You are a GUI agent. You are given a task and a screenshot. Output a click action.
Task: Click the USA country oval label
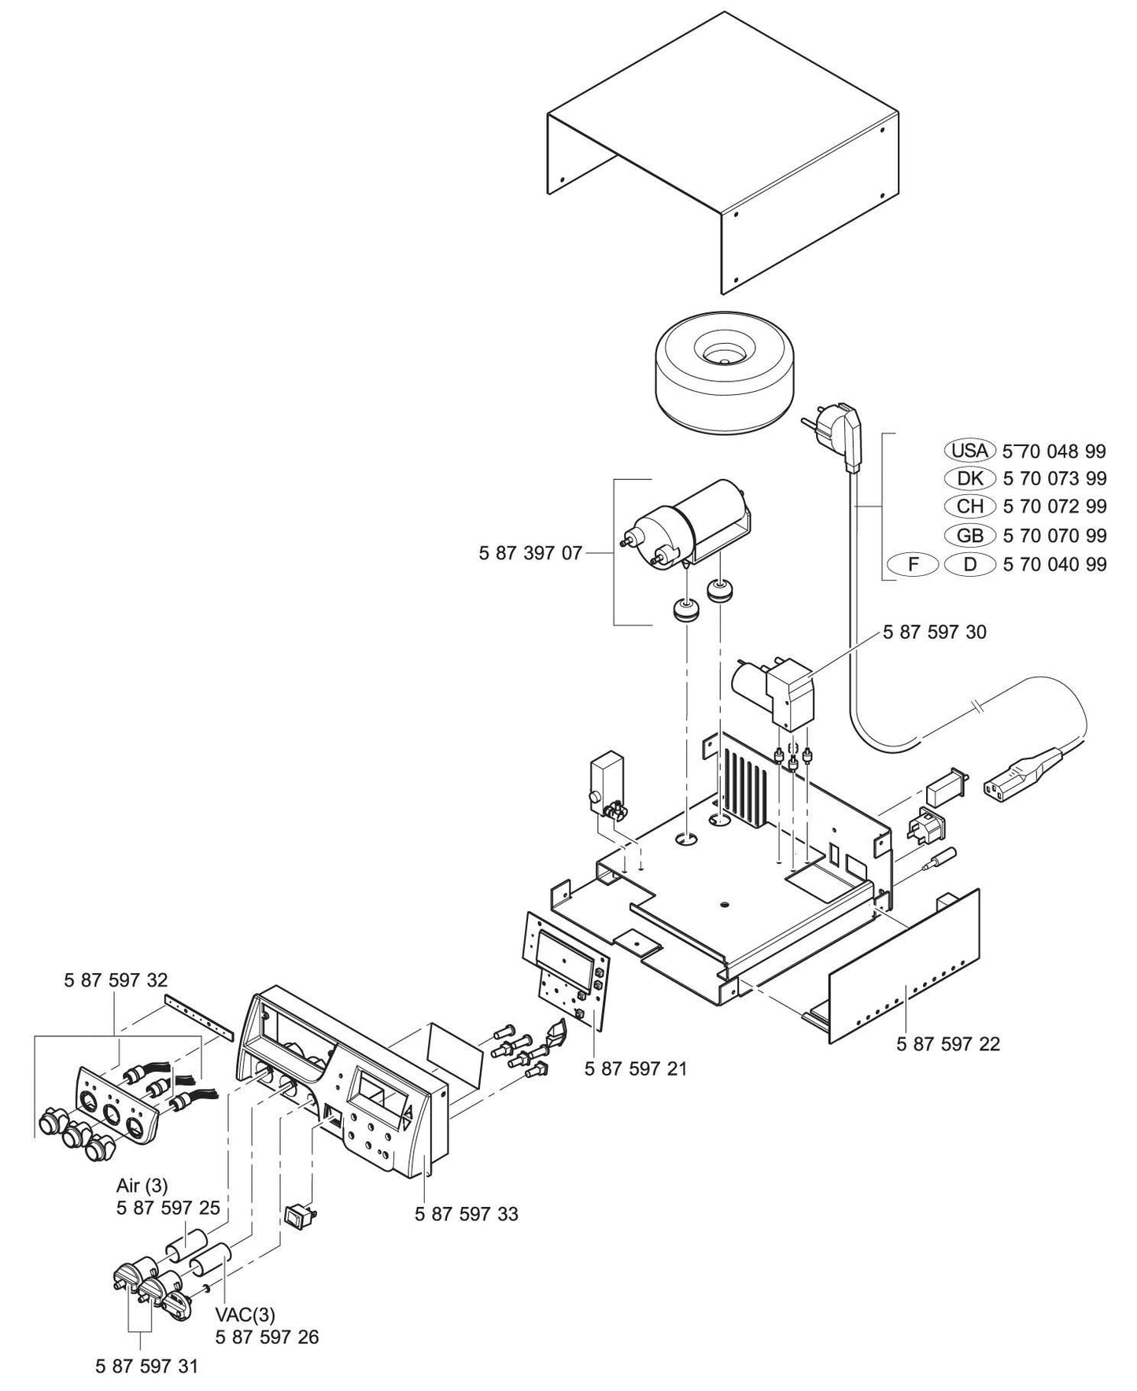tap(969, 451)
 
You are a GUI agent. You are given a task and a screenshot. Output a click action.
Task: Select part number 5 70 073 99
tap(1054, 478)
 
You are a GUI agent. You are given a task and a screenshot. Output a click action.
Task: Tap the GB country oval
tap(969, 536)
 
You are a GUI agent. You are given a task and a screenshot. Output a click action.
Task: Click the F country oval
tap(913, 564)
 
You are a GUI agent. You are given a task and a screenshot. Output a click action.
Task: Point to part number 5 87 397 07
tap(530, 553)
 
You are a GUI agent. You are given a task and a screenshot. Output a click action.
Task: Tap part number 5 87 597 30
tap(934, 632)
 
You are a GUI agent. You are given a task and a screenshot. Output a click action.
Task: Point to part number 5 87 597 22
tap(947, 1044)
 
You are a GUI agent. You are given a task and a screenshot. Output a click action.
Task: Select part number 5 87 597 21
tap(636, 1068)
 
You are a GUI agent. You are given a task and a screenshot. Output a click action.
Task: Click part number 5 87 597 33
tap(466, 1214)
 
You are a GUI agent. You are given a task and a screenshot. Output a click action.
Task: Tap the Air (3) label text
tap(142, 1186)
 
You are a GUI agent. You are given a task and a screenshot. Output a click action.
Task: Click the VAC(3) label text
tap(245, 1314)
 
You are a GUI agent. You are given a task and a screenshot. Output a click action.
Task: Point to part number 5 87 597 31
tap(146, 1367)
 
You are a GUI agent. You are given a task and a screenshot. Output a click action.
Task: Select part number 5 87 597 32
tap(116, 980)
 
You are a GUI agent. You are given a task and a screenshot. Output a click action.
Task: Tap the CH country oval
tap(969, 507)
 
